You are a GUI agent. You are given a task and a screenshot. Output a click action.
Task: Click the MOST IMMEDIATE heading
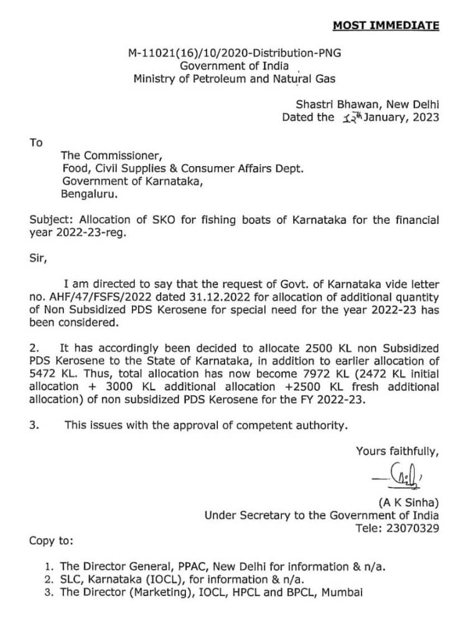[x=386, y=26]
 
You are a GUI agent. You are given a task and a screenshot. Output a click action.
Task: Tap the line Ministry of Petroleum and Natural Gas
[x=234, y=78]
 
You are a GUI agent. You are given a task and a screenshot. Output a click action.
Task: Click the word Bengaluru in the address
[x=88, y=193]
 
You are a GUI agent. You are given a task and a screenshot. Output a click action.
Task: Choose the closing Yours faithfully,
[x=398, y=451]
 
